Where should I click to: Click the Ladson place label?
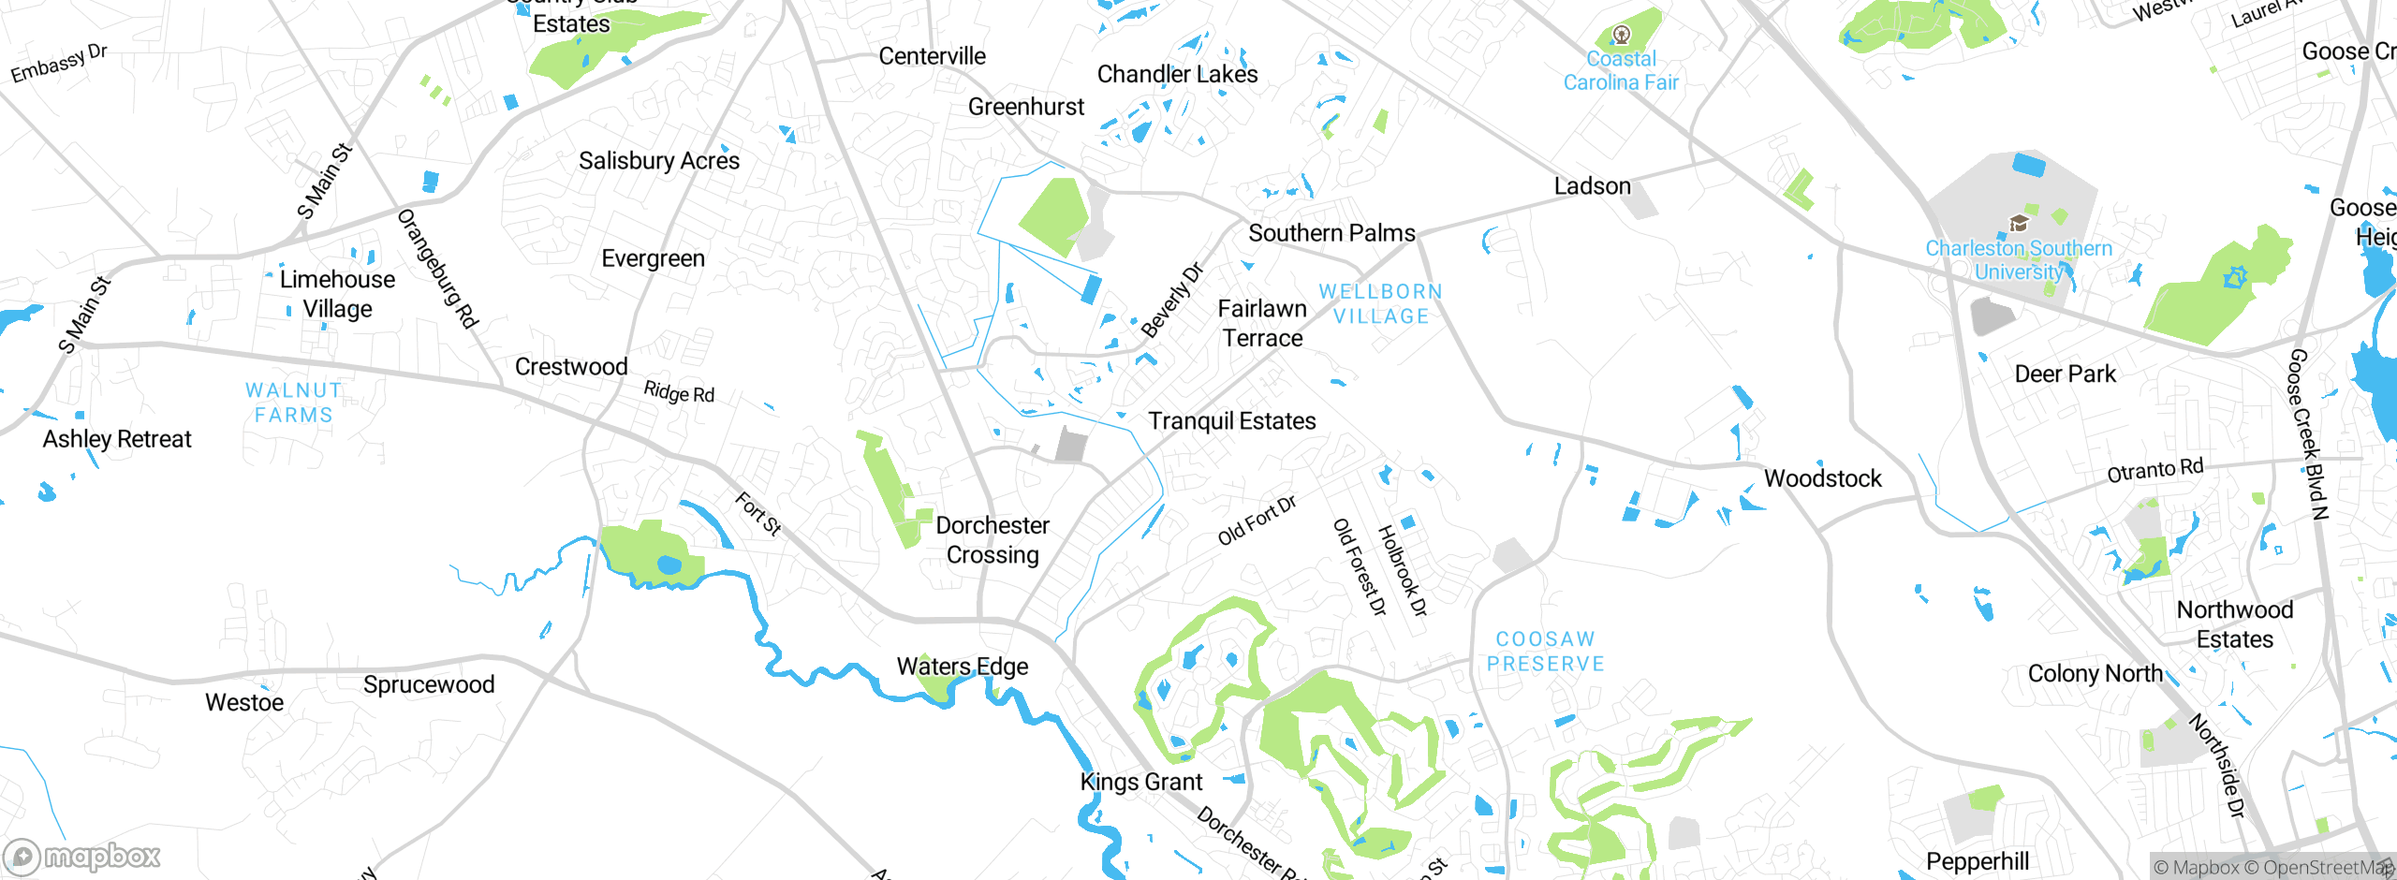click(1592, 186)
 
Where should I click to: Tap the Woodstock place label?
click(1822, 478)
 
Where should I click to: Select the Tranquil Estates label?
click(1231, 421)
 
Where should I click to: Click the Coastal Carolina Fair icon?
click(1622, 36)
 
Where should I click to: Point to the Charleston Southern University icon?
click(2019, 223)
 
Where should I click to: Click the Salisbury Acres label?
click(658, 161)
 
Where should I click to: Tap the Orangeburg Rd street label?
click(437, 269)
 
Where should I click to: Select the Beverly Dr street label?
click(1171, 301)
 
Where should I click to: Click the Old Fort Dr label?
click(1257, 521)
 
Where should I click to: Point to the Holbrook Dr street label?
click(1402, 571)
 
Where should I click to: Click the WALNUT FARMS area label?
click(294, 403)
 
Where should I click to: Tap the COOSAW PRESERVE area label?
click(1546, 652)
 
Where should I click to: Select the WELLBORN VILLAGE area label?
click(1381, 304)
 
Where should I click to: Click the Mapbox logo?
click(82, 856)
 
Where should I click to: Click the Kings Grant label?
click(1140, 782)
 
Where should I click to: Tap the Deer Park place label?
click(2065, 374)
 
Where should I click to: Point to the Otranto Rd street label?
click(2154, 471)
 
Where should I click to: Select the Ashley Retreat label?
click(117, 439)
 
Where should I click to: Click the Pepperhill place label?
click(1978, 861)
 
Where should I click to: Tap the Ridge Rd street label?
click(679, 392)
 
